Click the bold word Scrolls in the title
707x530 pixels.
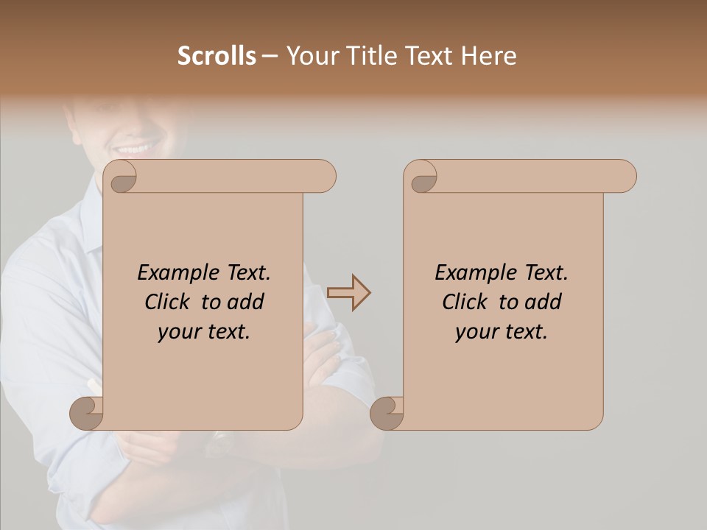[x=217, y=56]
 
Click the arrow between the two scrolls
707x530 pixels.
[x=348, y=293]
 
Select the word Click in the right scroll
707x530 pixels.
[x=467, y=302]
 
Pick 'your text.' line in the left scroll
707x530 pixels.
[x=204, y=332]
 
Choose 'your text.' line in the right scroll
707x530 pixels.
[x=501, y=332]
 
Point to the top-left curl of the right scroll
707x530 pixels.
[x=422, y=177]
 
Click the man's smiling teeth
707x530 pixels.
[x=134, y=148]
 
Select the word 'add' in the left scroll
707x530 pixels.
[x=245, y=302]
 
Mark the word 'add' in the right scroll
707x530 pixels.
[x=543, y=302]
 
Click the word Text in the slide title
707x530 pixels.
[x=425, y=56]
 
